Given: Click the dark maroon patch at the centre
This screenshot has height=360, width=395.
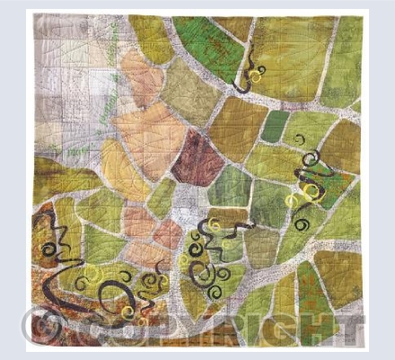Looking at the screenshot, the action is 198,156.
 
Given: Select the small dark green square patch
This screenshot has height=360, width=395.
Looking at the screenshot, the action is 275,126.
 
